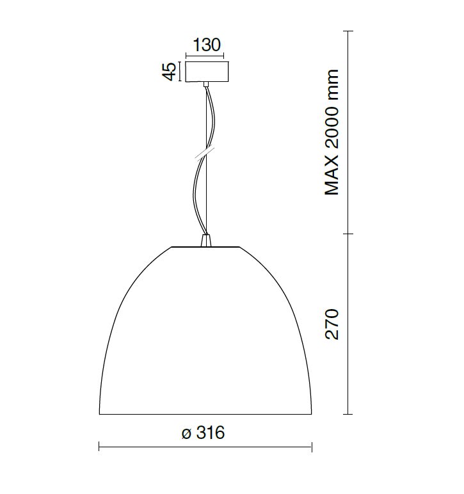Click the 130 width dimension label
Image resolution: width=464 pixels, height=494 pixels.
pos(206,45)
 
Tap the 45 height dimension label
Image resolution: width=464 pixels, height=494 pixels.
pos(169,72)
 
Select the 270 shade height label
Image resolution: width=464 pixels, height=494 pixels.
pos(332,324)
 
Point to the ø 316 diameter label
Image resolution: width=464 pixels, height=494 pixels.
pos(203,433)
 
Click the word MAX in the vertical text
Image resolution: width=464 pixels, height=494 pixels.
pos(332,175)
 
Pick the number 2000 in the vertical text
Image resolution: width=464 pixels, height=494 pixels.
pos(332,127)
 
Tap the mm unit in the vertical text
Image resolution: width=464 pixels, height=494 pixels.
pos(332,84)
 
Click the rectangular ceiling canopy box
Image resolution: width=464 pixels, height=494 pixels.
pos(207,72)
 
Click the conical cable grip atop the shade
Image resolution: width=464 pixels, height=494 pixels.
pos(205,240)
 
